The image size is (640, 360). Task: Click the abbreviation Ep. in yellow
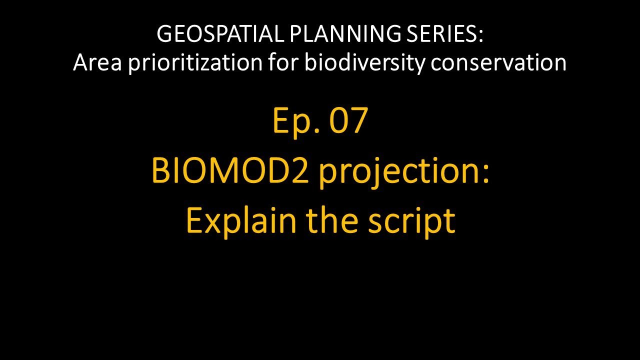293,121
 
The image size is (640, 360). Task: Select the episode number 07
349,121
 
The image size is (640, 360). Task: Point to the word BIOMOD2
227,171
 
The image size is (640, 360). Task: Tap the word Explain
241,221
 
